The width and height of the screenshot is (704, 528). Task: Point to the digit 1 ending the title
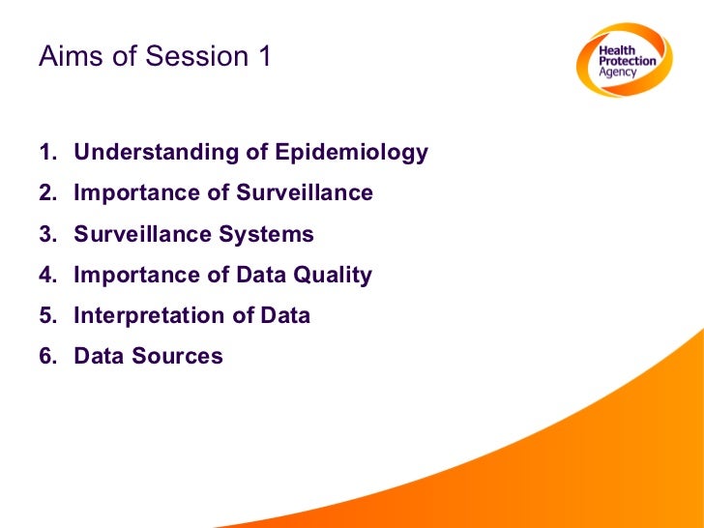(263, 57)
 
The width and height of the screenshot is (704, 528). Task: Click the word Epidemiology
(351, 153)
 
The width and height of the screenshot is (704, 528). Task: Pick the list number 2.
(45, 193)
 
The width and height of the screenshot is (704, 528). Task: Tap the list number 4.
(45, 275)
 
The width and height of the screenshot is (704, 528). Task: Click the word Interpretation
(140, 315)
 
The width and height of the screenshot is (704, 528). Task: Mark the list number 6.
(45, 356)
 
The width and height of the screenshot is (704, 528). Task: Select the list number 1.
(45, 153)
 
